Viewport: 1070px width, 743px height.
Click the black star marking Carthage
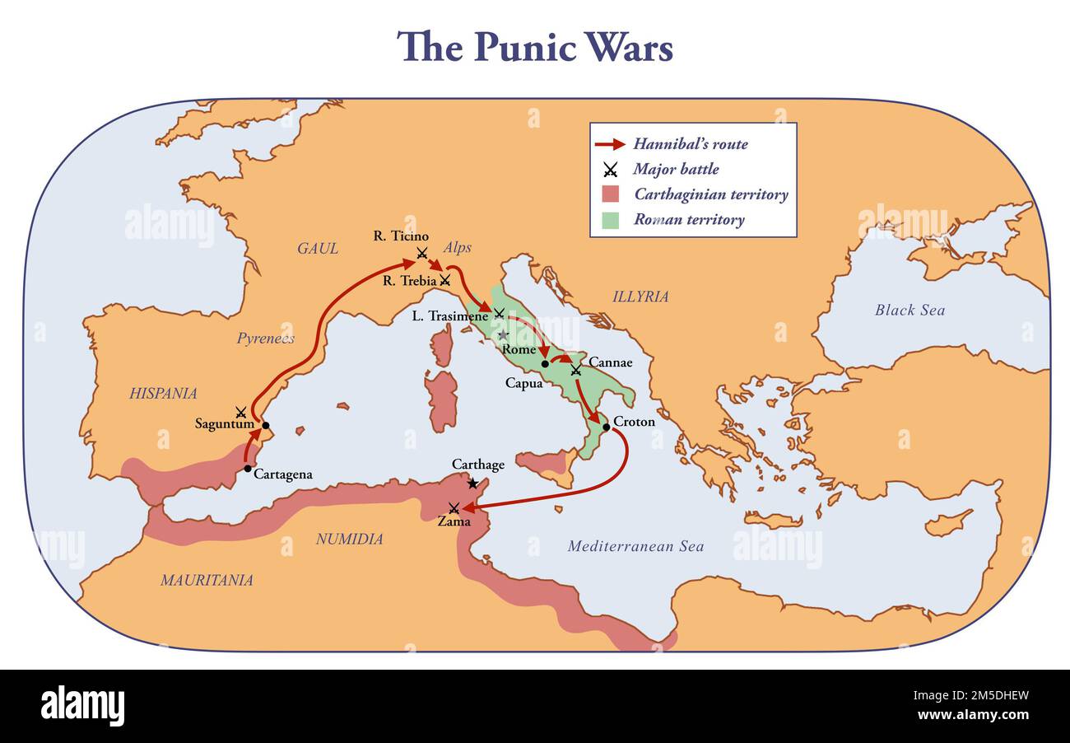472,484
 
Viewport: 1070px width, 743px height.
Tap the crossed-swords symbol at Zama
454,508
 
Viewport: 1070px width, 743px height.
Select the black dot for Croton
607,427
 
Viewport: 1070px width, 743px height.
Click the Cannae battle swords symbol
575,370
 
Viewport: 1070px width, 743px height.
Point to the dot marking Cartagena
248,468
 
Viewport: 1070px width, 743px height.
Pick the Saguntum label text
224,424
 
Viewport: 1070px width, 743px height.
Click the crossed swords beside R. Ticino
422,253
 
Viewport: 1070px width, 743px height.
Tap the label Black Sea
909,311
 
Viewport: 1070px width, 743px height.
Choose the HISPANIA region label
163,394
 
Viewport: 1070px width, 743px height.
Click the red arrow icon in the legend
610,144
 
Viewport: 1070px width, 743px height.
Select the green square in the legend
610,220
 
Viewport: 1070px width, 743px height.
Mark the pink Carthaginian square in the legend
610,194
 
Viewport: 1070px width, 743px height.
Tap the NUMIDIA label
350,540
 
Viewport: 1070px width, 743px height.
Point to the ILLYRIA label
640,297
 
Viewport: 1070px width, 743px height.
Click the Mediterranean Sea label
635,546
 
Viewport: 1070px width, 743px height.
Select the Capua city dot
545,363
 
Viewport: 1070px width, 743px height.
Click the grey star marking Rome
502,335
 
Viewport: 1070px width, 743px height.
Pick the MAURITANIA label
207,580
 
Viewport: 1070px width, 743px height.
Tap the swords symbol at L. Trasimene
499,313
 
